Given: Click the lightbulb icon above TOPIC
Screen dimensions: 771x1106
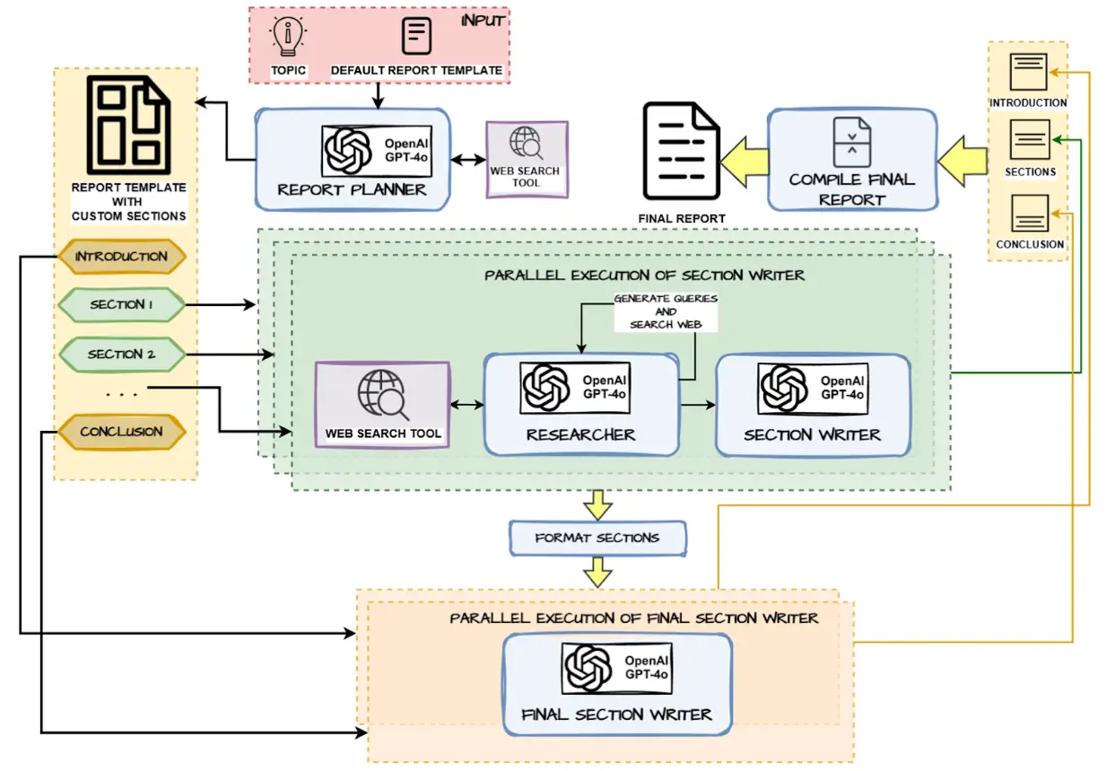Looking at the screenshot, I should click(288, 36).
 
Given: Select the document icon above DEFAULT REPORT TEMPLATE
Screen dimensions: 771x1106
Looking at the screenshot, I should click(415, 36).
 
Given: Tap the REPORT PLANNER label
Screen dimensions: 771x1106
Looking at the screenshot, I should click(352, 189).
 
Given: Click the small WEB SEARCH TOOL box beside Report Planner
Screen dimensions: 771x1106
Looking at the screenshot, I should click(526, 159).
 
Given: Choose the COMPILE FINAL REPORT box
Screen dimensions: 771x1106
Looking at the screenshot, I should click(851, 160).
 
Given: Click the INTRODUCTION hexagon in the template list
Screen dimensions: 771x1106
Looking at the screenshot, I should click(121, 257).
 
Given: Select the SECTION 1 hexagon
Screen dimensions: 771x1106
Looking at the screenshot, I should click(121, 305).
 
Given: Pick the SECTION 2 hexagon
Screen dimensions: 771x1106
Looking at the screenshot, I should click(121, 355).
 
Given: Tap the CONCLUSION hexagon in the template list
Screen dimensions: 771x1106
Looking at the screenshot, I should click(121, 432).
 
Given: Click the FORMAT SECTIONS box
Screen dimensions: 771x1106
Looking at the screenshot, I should click(597, 538).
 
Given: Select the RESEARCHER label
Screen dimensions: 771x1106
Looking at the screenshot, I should click(580, 434).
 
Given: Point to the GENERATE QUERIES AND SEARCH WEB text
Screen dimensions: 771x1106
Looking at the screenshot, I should click(665, 311).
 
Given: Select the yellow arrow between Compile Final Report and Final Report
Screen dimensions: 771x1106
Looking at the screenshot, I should click(746, 160).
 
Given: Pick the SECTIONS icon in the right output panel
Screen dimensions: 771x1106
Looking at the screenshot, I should click(1029, 140).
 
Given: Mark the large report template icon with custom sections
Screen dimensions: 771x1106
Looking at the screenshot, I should click(127, 126).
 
